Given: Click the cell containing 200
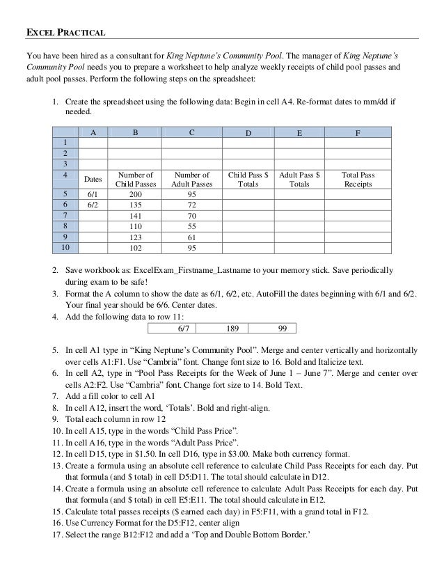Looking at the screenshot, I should click(133, 194).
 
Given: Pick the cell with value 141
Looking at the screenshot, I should click(133, 215).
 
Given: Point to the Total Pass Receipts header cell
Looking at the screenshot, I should click(358, 180).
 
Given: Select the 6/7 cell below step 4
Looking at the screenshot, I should click(184, 328).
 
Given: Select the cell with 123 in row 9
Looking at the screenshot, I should click(133, 235).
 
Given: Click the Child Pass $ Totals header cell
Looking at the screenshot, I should click(248, 180).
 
